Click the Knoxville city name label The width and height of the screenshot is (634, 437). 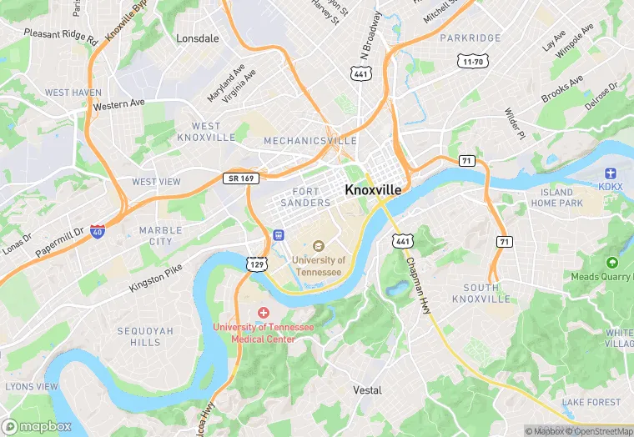(x=373, y=190)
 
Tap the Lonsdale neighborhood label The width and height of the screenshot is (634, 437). (x=198, y=38)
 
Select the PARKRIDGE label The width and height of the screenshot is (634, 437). (x=470, y=38)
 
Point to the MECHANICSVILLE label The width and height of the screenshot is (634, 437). (x=310, y=141)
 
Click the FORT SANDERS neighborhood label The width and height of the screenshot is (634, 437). (x=305, y=197)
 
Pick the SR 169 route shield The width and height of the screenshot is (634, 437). (x=241, y=178)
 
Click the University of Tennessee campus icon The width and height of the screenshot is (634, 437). (x=318, y=246)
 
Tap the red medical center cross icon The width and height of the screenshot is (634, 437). (x=264, y=313)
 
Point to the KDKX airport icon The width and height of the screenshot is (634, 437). (x=611, y=172)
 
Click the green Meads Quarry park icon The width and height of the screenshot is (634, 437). (x=612, y=263)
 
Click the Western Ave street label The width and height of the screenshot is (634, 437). (x=119, y=104)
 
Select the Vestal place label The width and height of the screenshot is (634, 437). (x=367, y=390)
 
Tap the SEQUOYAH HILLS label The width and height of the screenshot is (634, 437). (x=144, y=336)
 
